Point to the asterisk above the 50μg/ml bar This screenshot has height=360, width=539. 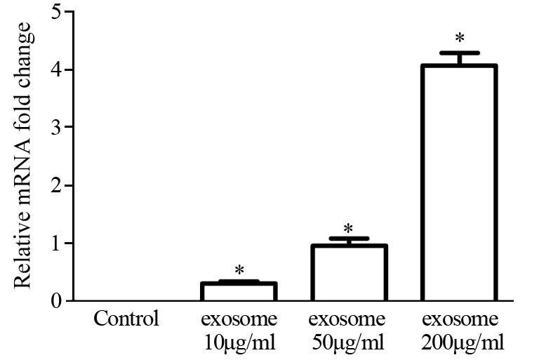(x=349, y=229)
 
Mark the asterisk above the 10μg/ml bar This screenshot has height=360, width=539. (x=239, y=271)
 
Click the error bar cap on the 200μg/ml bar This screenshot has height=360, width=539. (x=460, y=53)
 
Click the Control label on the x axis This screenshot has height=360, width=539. (x=126, y=320)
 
